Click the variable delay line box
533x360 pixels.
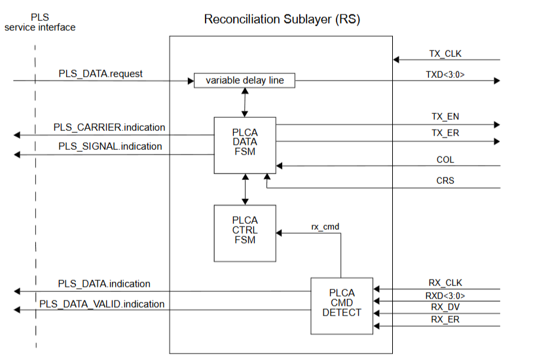[x=245, y=81]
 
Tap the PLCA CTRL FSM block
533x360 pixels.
[x=245, y=230]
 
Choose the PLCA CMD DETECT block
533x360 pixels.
[x=341, y=303]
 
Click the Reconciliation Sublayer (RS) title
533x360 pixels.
[x=282, y=20]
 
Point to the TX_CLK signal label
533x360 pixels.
[x=445, y=54]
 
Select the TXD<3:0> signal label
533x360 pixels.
[x=445, y=75]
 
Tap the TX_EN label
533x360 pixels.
[x=445, y=117]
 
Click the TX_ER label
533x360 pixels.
[x=445, y=134]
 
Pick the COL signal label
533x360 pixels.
[x=445, y=159]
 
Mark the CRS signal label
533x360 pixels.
[x=445, y=181]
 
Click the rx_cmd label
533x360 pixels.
[x=325, y=226]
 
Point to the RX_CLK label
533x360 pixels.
[x=445, y=283]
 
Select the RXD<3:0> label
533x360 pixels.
[x=445, y=295]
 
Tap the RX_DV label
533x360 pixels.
[x=445, y=307]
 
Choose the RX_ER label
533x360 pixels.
[x=445, y=319]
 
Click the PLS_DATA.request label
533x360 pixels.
[x=100, y=73]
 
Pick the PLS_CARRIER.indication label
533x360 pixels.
[x=109, y=127]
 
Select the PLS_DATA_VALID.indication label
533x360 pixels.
[x=101, y=304]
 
